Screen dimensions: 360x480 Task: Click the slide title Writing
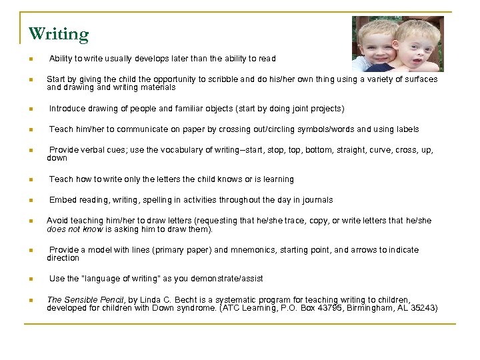tap(59, 33)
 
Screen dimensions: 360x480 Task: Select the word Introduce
tap(67, 108)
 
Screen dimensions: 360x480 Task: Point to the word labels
tap(407, 129)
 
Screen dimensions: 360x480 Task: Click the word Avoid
tap(57, 221)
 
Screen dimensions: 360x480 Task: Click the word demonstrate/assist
tap(227, 279)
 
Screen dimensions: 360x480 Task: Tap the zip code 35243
tap(423, 308)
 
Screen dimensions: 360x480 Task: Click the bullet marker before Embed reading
tap(31, 201)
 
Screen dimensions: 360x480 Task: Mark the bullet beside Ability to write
tap(31, 59)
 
